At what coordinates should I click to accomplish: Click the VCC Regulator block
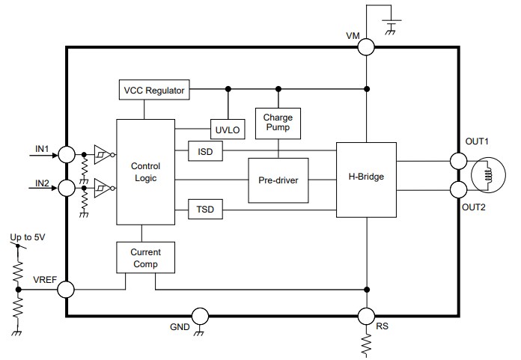[x=154, y=91]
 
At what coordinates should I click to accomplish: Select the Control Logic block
[x=145, y=172]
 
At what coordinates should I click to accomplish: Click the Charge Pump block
[x=278, y=123]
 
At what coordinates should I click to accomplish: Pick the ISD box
[x=206, y=151]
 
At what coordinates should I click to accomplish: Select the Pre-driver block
[x=278, y=180]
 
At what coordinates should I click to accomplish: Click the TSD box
[x=206, y=210]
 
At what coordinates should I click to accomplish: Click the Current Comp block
[x=145, y=257]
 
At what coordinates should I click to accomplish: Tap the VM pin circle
[x=366, y=47]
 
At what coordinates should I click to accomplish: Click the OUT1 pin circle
[x=458, y=160]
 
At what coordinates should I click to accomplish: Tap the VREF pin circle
[x=67, y=288]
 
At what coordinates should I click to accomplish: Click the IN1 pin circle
[x=67, y=155]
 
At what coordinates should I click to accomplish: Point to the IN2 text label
[x=42, y=182]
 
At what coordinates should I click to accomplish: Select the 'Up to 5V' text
[x=26, y=239]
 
